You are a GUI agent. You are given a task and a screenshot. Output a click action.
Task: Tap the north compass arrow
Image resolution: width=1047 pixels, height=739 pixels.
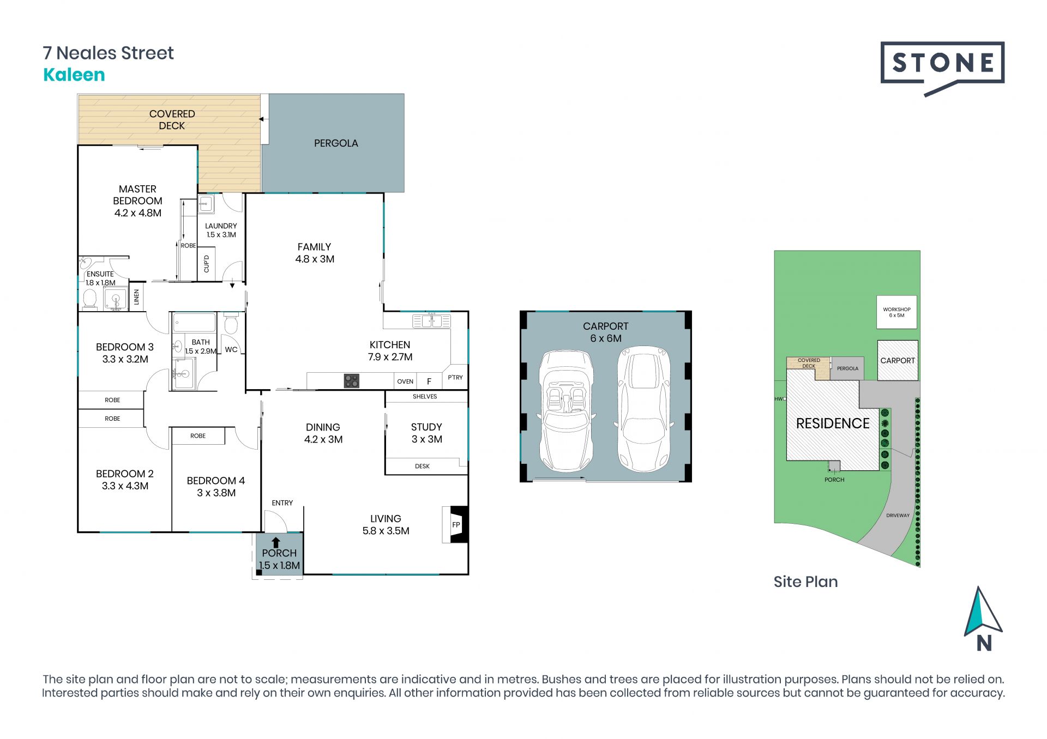[x=983, y=613]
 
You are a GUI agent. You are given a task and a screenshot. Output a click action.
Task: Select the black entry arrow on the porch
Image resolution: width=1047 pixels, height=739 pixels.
[x=276, y=542]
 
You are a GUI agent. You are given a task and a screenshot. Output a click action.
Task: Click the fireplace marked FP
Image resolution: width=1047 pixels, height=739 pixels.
[x=455, y=525]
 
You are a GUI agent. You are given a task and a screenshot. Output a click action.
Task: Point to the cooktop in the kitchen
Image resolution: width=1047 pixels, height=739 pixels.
[x=352, y=380]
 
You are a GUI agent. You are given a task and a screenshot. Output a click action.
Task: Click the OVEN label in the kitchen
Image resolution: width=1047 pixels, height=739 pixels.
[x=405, y=381]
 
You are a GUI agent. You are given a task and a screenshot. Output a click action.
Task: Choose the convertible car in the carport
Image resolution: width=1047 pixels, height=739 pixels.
[x=565, y=411]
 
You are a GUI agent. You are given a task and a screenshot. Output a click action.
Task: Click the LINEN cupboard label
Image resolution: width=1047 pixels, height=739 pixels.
[x=136, y=297]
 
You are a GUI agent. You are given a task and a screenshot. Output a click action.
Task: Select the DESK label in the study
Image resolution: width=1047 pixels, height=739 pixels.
[x=422, y=467]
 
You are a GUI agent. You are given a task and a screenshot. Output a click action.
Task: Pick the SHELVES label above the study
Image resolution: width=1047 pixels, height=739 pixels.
[x=425, y=397]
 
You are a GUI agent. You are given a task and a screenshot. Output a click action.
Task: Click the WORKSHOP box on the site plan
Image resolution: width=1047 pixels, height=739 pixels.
[x=896, y=312]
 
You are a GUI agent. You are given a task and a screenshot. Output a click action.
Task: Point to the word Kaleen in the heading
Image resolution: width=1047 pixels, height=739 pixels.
[x=74, y=75]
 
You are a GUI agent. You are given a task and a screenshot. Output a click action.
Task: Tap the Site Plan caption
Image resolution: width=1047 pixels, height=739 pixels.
[x=805, y=581]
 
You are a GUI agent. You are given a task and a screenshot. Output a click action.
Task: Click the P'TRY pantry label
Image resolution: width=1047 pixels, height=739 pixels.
[x=455, y=377]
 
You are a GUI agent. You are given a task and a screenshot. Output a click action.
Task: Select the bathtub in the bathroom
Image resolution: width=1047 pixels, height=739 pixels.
[x=194, y=322]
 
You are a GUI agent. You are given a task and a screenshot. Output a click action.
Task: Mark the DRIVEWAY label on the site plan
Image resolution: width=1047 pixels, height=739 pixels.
[x=898, y=515]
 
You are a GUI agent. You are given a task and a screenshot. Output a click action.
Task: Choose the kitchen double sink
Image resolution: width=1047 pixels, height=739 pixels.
[x=431, y=320]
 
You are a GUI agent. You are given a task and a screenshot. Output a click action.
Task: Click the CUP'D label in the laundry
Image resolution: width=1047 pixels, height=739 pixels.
[x=206, y=264]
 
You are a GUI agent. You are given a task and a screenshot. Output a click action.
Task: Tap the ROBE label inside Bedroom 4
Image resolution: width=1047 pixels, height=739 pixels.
[x=198, y=436]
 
